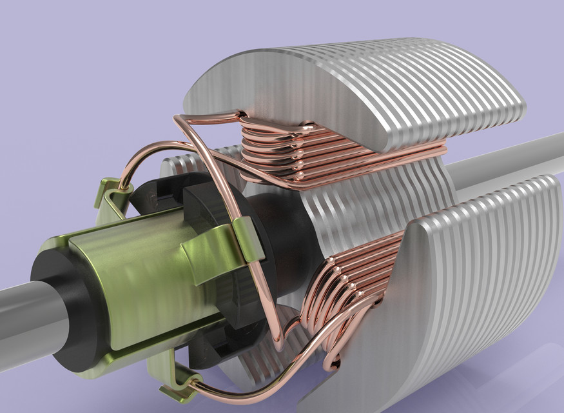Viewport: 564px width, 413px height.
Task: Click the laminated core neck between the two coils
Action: click(x=361, y=206)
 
